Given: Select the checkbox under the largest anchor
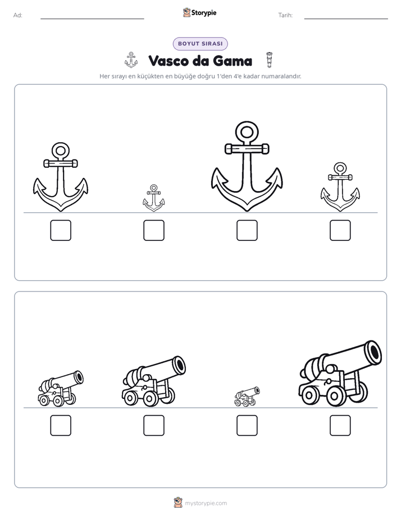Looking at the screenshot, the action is point(247,230).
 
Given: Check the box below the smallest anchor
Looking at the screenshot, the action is point(154,230).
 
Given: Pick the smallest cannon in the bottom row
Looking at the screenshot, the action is point(247,397).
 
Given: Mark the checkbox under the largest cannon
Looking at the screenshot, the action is point(340,425).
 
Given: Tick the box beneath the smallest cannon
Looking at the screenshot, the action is point(247,425).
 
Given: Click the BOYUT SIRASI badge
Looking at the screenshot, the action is point(200,44).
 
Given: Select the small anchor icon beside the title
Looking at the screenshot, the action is point(131,60).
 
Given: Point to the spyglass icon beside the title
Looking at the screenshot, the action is point(270,60).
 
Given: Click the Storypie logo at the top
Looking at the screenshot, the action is point(199,12).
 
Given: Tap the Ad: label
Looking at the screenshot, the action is point(18,15).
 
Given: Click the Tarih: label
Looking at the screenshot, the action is point(285,15).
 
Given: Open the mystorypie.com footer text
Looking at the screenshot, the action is point(206,503).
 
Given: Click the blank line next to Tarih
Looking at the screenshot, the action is point(346,19).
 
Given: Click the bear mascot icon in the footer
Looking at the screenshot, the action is point(178,503).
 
